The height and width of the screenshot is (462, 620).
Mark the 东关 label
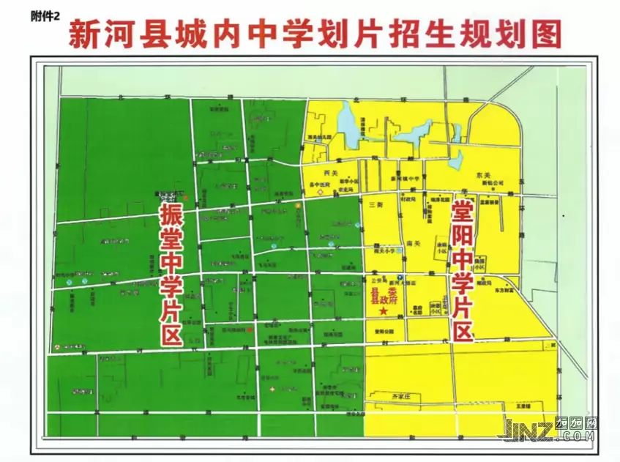[x=482, y=175]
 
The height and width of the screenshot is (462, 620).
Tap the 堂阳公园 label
[x=385, y=331]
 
